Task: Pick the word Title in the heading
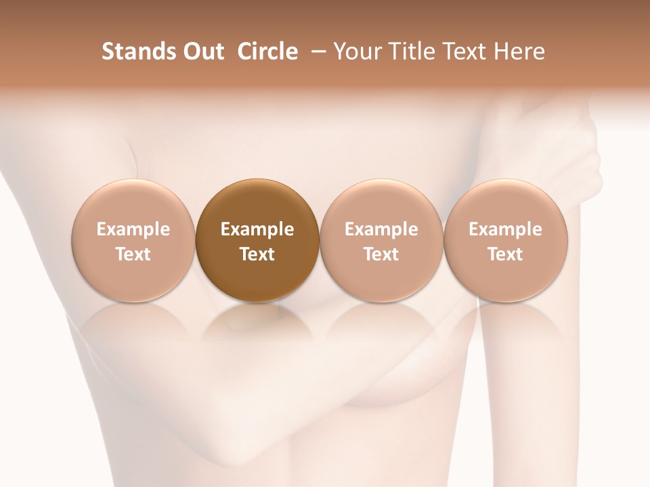[408, 51]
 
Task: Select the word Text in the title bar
[463, 51]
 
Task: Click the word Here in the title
[519, 51]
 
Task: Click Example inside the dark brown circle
[257, 229]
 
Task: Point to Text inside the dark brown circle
[257, 254]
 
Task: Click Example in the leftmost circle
[133, 229]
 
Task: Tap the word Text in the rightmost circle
[505, 254]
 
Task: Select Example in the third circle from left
[381, 229]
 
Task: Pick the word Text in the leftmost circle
[133, 254]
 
